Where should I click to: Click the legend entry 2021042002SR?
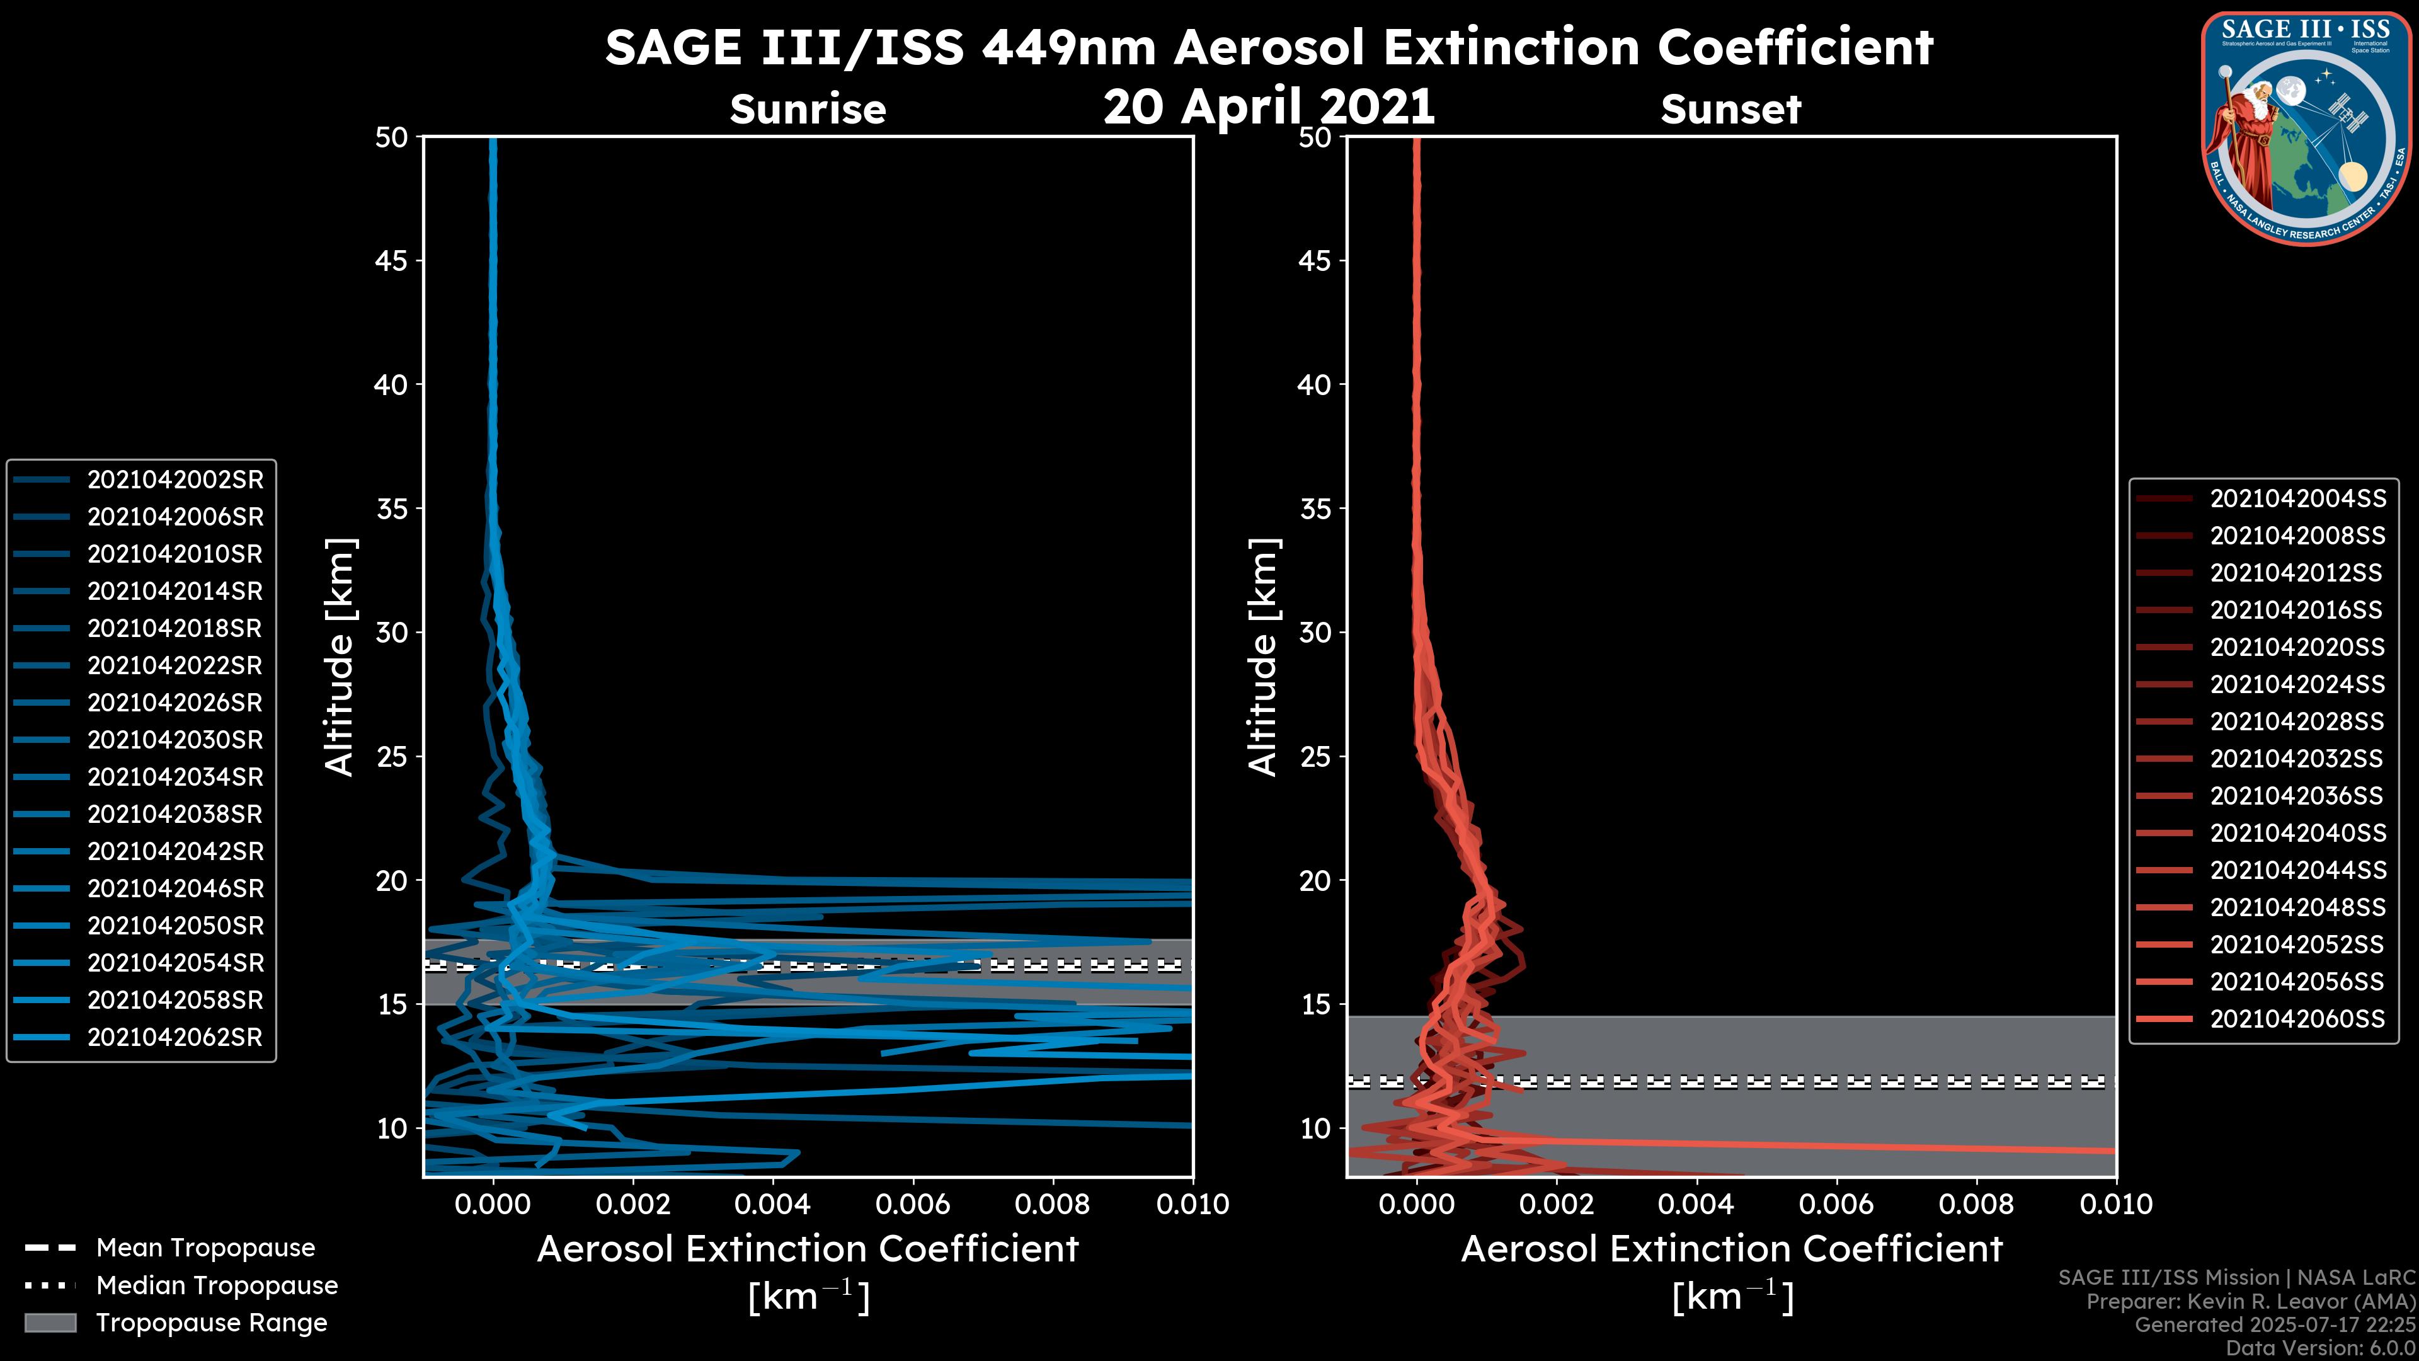point(174,480)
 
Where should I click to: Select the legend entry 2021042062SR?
point(174,1038)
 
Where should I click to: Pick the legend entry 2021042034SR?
point(174,778)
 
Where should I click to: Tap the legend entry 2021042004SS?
point(2297,499)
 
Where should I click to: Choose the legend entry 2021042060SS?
point(2297,1019)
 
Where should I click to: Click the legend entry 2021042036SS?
point(2297,796)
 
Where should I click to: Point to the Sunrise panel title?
point(808,110)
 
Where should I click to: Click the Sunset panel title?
point(1730,110)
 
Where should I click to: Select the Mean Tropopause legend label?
point(205,1248)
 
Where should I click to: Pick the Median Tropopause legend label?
point(217,1286)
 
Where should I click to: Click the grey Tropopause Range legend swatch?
point(50,1323)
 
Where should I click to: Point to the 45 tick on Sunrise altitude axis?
point(392,261)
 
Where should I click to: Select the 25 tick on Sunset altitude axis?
point(1315,757)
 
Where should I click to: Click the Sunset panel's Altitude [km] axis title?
point(1263,657)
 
